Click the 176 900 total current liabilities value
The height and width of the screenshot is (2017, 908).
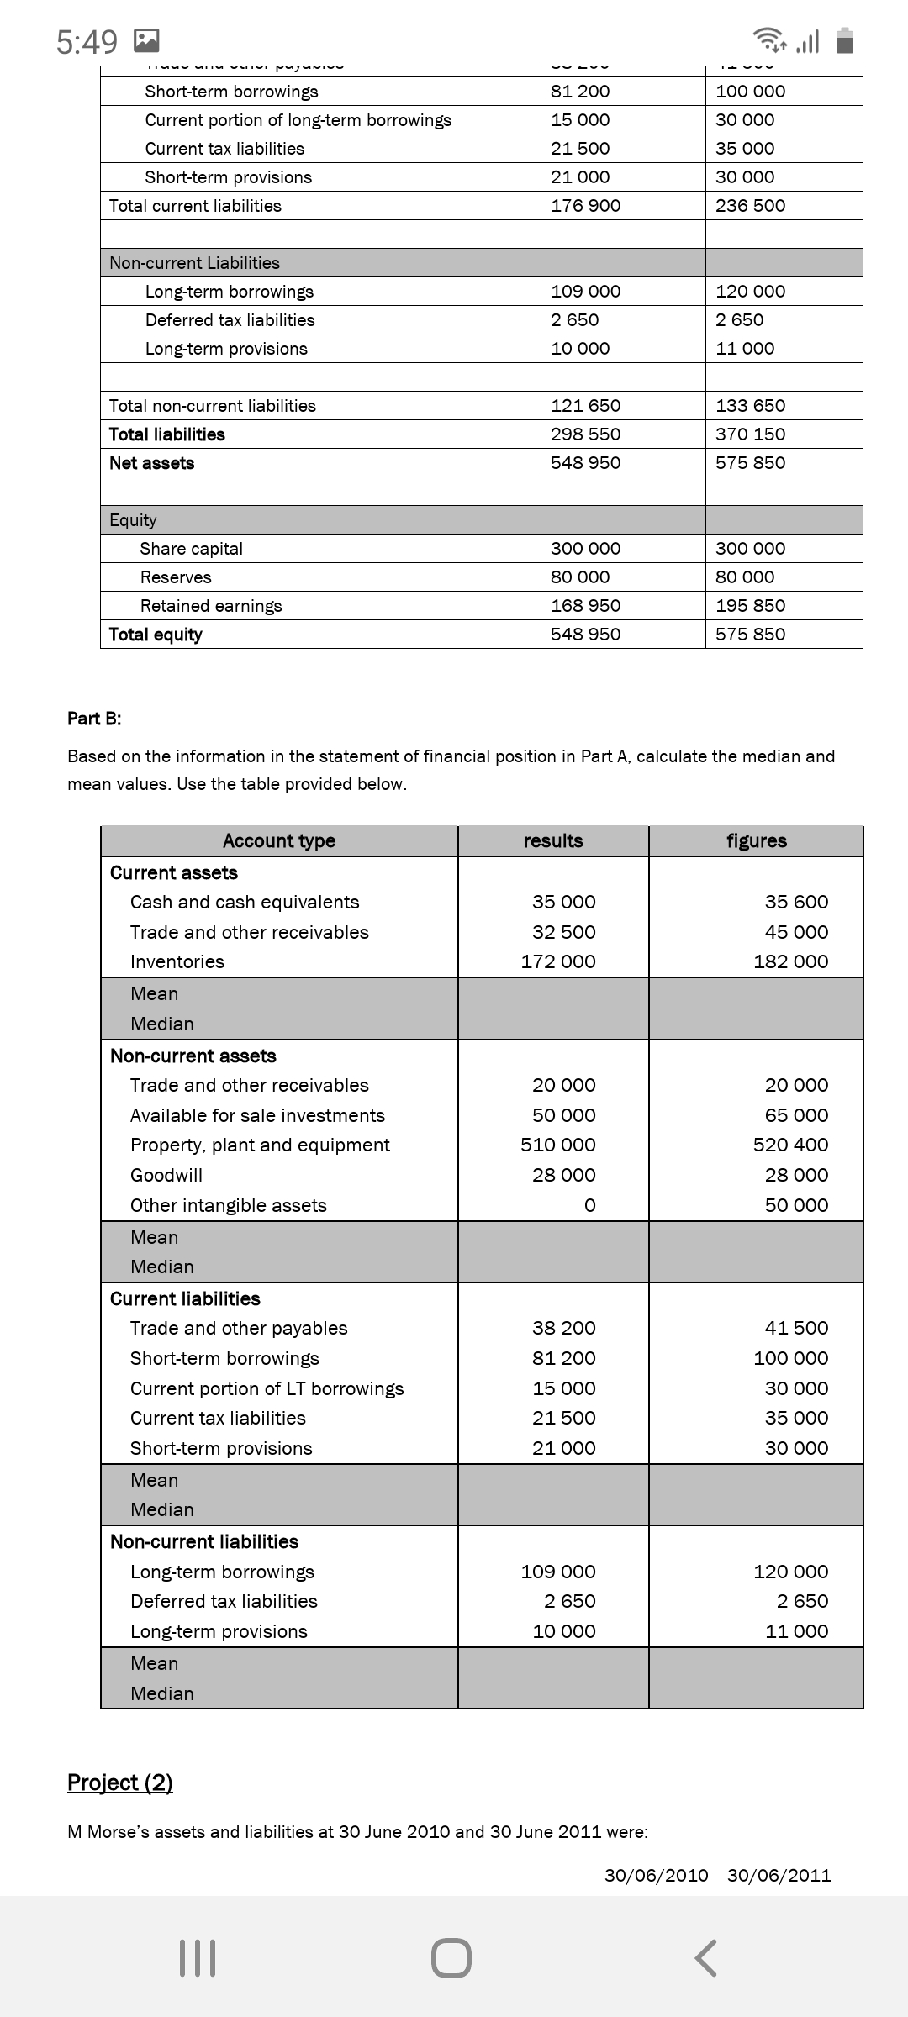[x=586, y=206]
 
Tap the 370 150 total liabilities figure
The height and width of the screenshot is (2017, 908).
[x=750, y=434]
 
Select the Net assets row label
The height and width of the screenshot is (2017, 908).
[x=152, y=463]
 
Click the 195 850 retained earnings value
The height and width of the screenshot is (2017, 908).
[x=750, y=606]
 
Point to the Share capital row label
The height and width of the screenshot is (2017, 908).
[x=191, y=549]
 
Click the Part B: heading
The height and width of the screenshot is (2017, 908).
[x=94, y=719]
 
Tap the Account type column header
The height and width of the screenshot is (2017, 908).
[x=279, y=841]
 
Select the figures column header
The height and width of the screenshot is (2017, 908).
[x=757, y=841]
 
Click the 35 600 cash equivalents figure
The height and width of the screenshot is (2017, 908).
[x=796, y=902]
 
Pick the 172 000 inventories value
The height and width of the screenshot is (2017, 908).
[x=558, y=961]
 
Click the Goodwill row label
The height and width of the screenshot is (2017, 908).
[x=166, y=1175]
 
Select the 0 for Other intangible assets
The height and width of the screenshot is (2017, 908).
[x=589, y=1205]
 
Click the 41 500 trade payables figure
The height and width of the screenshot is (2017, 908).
[x=796, y=1328]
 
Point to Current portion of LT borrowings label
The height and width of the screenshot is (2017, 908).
[x=267, y=1388]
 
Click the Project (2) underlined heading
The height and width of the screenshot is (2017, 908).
[x=120, y=1783]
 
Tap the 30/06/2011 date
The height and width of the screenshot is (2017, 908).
[x=779, y=1875]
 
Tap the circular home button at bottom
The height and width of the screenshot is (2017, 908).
[x=451, y=1958]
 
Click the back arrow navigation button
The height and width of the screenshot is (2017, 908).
[x=706, y=1958]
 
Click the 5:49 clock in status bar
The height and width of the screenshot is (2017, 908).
[x=87, y=41]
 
